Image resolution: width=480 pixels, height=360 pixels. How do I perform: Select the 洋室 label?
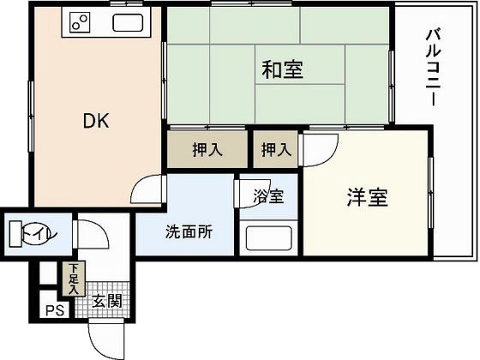(x=367, y=198)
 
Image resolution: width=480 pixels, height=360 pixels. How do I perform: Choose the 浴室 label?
(x=267, y=195)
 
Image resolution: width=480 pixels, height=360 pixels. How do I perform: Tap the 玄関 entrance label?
(x=107, y=301)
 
